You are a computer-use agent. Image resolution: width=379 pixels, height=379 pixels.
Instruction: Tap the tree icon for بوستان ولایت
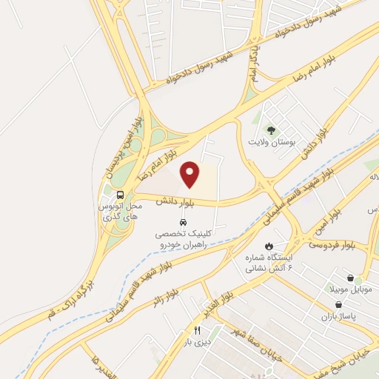270,130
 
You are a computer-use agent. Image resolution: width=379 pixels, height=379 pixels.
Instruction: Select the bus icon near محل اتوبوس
120,194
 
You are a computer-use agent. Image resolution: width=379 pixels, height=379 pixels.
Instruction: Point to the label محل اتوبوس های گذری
118,212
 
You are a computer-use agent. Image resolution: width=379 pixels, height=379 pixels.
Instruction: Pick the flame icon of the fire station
269,244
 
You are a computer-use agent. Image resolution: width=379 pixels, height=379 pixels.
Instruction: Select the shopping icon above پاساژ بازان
338,304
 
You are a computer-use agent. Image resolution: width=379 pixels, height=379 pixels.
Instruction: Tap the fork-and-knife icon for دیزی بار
197,331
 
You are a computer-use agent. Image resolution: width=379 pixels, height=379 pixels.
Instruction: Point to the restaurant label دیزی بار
197,342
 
